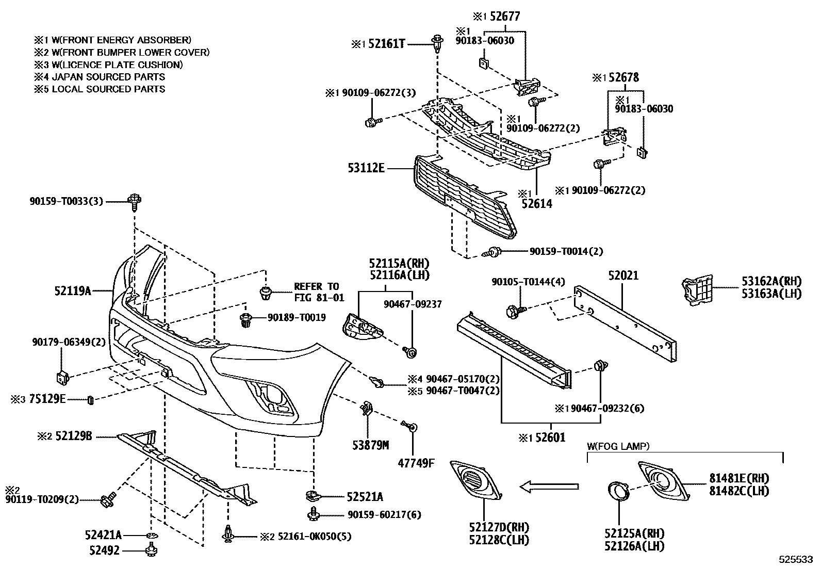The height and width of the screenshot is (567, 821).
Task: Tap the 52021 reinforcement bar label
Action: (623, 276)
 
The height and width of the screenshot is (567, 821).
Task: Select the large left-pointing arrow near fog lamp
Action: (548, 485)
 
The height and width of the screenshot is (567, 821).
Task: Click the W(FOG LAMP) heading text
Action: (618, 446)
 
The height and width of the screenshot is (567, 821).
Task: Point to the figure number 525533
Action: (795, 559)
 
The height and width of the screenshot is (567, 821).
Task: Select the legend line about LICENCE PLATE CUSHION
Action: (108, 64)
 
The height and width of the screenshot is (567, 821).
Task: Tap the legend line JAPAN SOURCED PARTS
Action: (100, 77)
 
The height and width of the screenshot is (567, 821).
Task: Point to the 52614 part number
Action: (536, 204)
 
